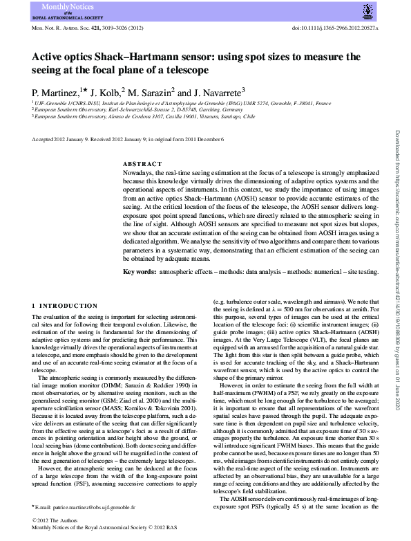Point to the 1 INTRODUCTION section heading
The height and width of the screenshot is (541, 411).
(66, 306)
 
